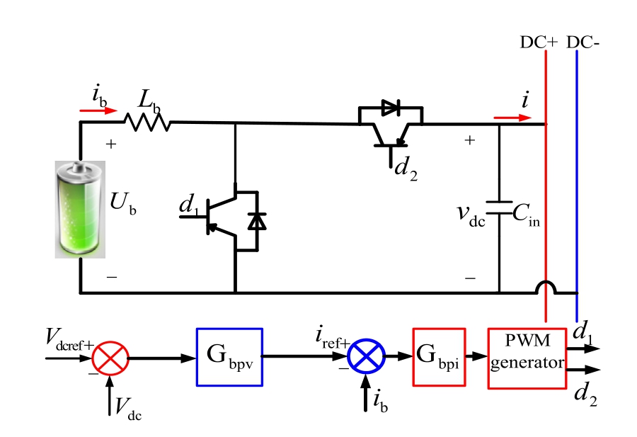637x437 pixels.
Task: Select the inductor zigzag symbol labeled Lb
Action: click(x=148, y=123)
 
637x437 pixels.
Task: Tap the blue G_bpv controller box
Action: click(x=229, y=357)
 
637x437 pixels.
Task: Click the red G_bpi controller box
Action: click(x=439, y=357)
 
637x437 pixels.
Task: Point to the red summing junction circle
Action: click(x=110, y=358)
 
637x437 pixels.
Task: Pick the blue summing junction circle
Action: click(x=366, y=358)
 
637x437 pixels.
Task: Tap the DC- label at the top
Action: click(x=584, y=42)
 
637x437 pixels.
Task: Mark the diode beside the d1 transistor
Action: click(x=257, y=221)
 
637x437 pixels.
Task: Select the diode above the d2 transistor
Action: click(x=391, y=108)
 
